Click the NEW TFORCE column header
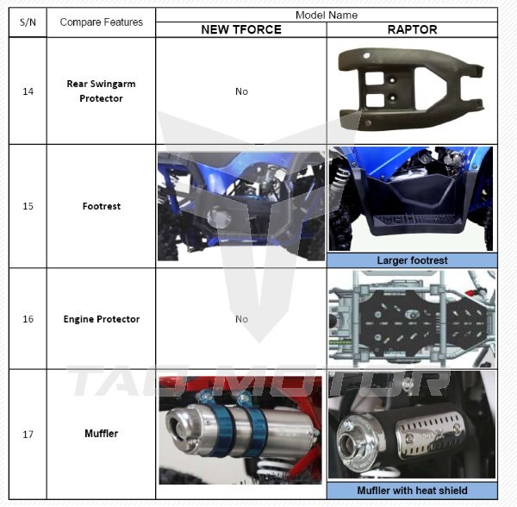(241, 29)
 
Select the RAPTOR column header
(412, 29)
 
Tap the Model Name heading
(327, 16)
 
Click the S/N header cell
(28, 22)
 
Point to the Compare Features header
(101, 22)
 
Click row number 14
(28, 91)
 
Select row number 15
(28, 206)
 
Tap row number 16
(28, 319)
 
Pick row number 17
(28, 434)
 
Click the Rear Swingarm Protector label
(101, 91)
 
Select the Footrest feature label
(101, 206)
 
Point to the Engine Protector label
(101, 319)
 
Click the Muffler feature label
(101, 434)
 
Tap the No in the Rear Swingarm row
(241, 91)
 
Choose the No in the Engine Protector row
(241, 319)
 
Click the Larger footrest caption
(412, 260)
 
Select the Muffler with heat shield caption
(412, 491)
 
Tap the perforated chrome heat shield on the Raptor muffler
(428, 435)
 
